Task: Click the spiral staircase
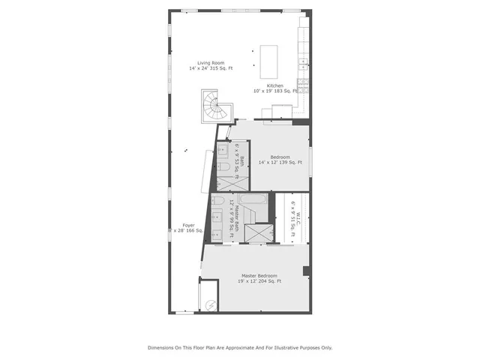pyautogui.click(x=213, y=107)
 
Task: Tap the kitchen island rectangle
pyautogui.click(x=268, y=61)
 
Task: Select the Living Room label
pyautogui.click(x=211, y=65)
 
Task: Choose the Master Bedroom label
pyautogui.click(x=259, y=278)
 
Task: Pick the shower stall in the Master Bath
pyautogui.click(x=262, y=233)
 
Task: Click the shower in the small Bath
pyautogui.click(x=225, y=182)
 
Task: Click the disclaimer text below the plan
pyautogui.click(x=239, y=347)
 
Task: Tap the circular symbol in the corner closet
pyautogui.click(x=211, y=305)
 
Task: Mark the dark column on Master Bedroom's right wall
pyautogui.click(x=305, y=271)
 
